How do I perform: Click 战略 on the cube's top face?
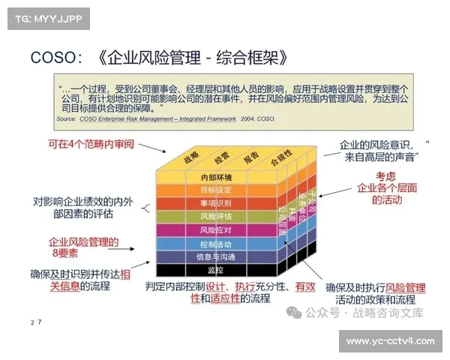click(x=190, y=156)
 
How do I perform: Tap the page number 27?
click(x=35, y=322)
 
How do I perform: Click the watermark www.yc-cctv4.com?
click(x=390, y=341)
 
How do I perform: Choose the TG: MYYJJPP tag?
click(x=45, y=18)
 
